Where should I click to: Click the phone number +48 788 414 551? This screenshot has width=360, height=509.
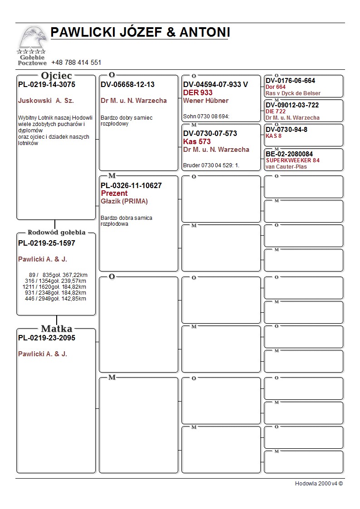click(x=76, y=63)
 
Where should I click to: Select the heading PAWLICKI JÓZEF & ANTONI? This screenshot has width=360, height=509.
click(x=140, y=32)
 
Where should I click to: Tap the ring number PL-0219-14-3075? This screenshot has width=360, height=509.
click(x=47, y=84)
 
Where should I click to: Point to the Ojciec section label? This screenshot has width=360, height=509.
click(x=56, y=76)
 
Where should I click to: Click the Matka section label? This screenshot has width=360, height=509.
click(x=56, y=329)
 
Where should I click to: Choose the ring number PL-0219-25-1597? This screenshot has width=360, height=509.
click(x=47, y=243)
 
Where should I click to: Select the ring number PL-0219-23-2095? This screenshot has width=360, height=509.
click(x=47, y=338)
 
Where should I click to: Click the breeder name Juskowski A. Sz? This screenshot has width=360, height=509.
click(x=46, y=101)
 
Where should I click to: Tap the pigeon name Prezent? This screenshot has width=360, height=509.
click(x=114, y=194)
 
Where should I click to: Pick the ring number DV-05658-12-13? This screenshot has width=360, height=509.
click(x=127, y=84)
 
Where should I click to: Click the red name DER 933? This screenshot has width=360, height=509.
click(x=198, y=92)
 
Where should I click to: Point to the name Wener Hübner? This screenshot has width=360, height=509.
click(x=206, y=101)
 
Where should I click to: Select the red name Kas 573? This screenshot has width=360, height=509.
click(x=197, y=141)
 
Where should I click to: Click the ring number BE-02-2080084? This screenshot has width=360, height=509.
click(x=289, y=154)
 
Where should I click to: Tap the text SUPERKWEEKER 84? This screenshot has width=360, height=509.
click(x=292, y=160)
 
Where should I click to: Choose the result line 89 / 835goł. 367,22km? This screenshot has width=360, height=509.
click(x=58, y=275)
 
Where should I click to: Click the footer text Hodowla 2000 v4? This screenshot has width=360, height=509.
click(x=319, y=484)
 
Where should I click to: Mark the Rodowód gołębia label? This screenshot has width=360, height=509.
click(x=56, y=233)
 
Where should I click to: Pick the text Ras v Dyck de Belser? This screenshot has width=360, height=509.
click(x=293, y=93)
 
